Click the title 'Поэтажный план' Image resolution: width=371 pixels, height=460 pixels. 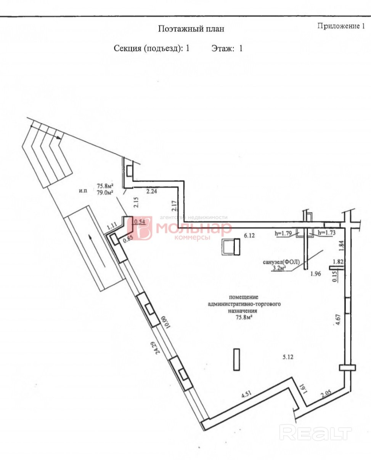click(x=191, y=29)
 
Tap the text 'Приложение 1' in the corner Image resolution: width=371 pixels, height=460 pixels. click(x=341, y=26)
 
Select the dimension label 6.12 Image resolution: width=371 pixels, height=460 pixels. click(x=249, y=235)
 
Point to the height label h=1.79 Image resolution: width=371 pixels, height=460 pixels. click(x=283, y=233)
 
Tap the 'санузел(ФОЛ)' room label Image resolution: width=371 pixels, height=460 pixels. click(x=281, y=262)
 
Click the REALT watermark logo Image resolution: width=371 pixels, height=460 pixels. click(x=315, y=433)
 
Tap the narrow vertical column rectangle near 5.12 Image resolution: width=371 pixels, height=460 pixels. click(x=237, y=359)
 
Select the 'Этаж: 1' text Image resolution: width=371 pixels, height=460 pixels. click(x=227, y=48)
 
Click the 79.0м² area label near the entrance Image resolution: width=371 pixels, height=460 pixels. click(x=104, y=193)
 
